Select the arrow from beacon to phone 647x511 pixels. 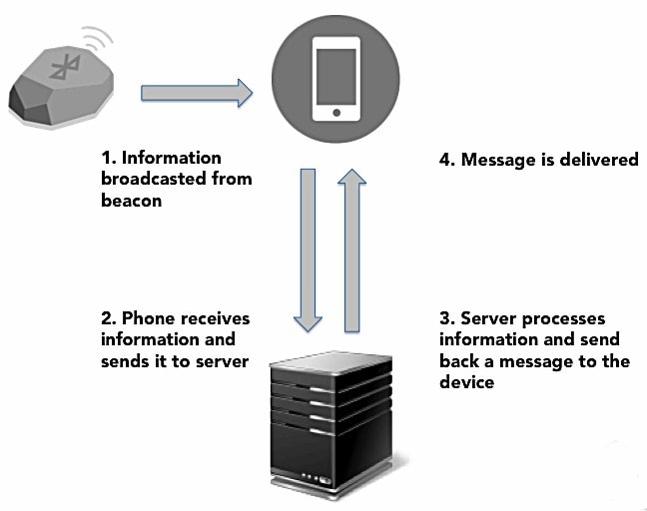pyautogui.click(x=196, y=94)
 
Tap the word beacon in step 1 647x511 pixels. pyautogui.click(x=131, y=201)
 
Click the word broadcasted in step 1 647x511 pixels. pyautogui.click(x=148, y=180)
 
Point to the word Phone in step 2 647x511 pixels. pyautogui.click(x=148, y=318)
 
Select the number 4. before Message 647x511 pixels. pyautogui.click(x=448, y=160)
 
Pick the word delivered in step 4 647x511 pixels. pyautogui.click(x=598, y=160)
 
